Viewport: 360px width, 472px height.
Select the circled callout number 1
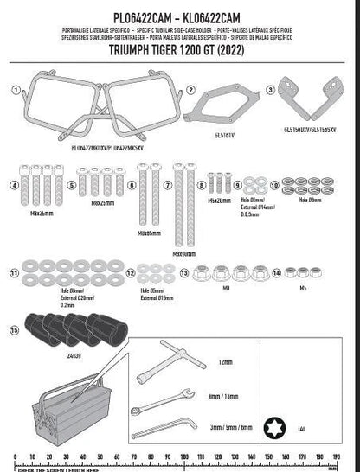point(14,89)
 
